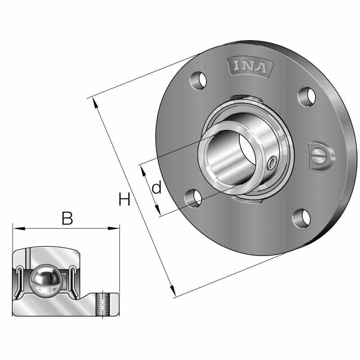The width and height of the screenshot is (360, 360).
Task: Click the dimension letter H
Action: click(124, 199)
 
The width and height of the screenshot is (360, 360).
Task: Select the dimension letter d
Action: click(156, 188)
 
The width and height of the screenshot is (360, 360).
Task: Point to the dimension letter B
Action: click(67, 219)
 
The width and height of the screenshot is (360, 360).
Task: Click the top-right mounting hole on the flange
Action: click(308, 96)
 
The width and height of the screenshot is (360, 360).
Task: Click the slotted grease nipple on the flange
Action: click(321, 156)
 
